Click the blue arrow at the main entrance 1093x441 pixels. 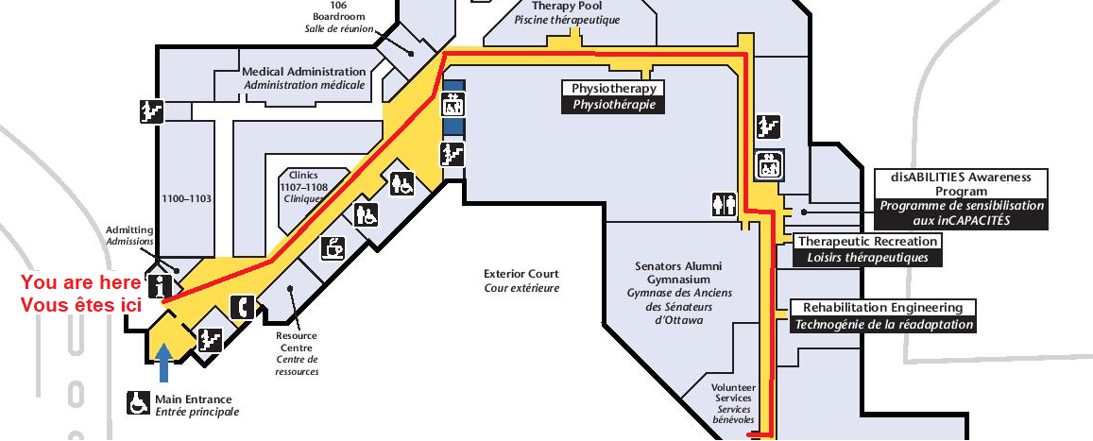click(x=164, y=363)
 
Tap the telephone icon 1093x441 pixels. click(x=243, y=306)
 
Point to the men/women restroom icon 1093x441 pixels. click(x=724, y=203)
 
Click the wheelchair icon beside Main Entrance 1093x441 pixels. click(x=138, y=403)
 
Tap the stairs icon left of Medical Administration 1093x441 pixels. click(x=151, y=110)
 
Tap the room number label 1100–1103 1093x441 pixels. click(x=185, y=199)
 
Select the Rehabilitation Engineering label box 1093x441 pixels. click(x=882, y=315)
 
